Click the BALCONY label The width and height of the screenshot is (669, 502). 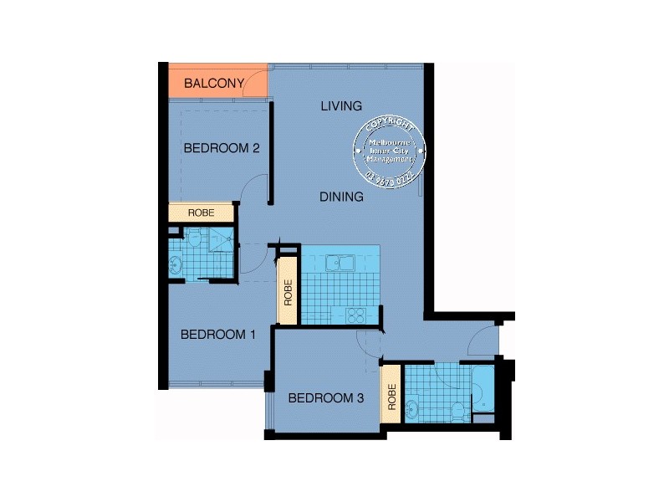(x=213, y=83)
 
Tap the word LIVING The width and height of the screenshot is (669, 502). (x=341, y=106)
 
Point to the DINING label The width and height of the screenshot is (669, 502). (x=342, y=197)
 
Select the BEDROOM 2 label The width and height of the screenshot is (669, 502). (x=222, y=148)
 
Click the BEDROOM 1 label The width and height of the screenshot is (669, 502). (x=218, y=335)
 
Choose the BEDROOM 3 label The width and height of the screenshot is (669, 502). (x=325, y=398)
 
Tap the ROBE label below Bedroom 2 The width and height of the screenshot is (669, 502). (x=201, y=213)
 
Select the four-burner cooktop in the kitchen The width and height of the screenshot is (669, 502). (x=355, y=315)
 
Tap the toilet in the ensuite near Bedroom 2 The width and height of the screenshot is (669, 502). (x=195, y=240)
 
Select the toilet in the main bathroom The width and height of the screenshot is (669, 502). (x=457, y=412)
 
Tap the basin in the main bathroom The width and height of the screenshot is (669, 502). (x=411, y=410)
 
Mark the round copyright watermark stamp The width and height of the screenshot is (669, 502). (x=391, y=151)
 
